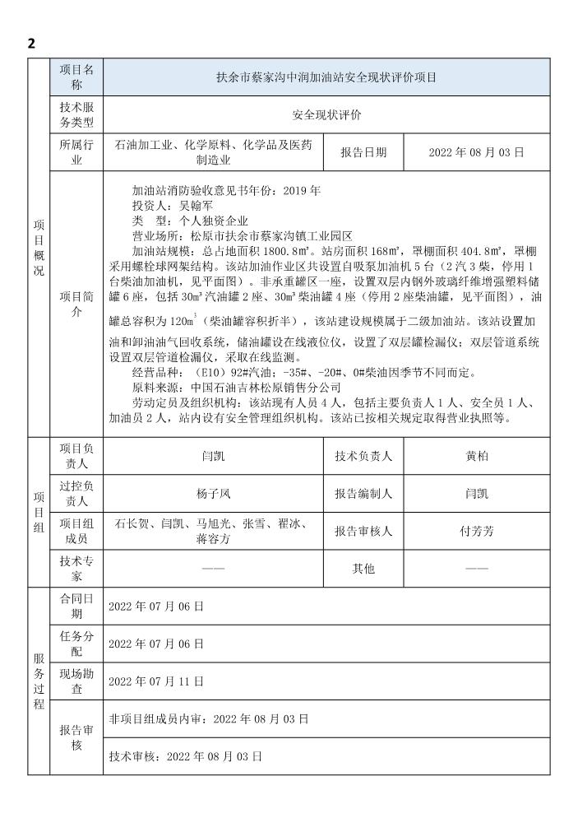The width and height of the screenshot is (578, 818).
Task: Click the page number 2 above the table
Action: (31, 44)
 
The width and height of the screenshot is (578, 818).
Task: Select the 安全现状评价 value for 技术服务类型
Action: (326, 116)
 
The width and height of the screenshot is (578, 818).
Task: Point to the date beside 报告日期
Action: (476, 152)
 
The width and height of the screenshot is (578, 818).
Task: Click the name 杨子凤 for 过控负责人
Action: (213, 494)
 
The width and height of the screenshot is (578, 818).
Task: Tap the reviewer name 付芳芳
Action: (477, 532)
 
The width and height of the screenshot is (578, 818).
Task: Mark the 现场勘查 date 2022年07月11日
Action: (156, 681)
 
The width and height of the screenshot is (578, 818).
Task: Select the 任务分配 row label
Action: (76, 644)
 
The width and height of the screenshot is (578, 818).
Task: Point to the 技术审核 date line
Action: (185, 755)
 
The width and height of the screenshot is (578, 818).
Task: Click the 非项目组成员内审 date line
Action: (209, 718)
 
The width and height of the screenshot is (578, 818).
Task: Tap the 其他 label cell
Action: (363, 569)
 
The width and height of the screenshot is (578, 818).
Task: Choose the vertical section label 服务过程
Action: (39, 681)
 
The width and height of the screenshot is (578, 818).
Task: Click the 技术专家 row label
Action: (76, 569)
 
